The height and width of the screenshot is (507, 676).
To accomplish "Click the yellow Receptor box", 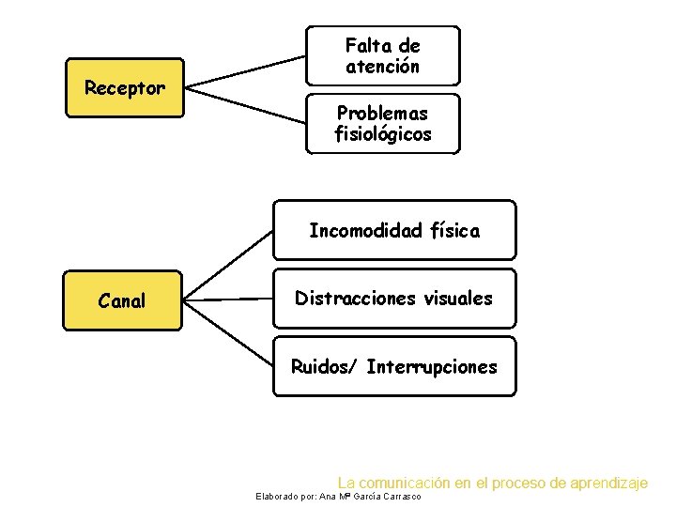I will (123, 88).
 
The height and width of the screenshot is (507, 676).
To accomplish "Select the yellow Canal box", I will (122, 300).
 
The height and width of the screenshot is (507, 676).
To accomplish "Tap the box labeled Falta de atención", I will (383, 55).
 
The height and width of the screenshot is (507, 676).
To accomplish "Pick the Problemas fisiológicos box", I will (383, 123).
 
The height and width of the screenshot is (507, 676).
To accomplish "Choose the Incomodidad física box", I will (394, 230).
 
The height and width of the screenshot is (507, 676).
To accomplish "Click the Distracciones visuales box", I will (394, 299).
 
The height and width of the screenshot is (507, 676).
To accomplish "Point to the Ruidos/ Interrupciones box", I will (394, 366).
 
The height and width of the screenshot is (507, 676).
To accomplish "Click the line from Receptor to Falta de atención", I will (246, 72).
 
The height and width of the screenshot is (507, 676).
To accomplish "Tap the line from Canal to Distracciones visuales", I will (228, 300).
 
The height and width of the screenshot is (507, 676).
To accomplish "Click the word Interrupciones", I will (432, 366).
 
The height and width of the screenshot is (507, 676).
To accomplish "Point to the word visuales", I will (456, 299).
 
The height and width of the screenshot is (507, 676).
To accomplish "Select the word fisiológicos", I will (383, 134).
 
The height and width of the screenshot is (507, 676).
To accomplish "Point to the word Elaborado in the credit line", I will (274, 496).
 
